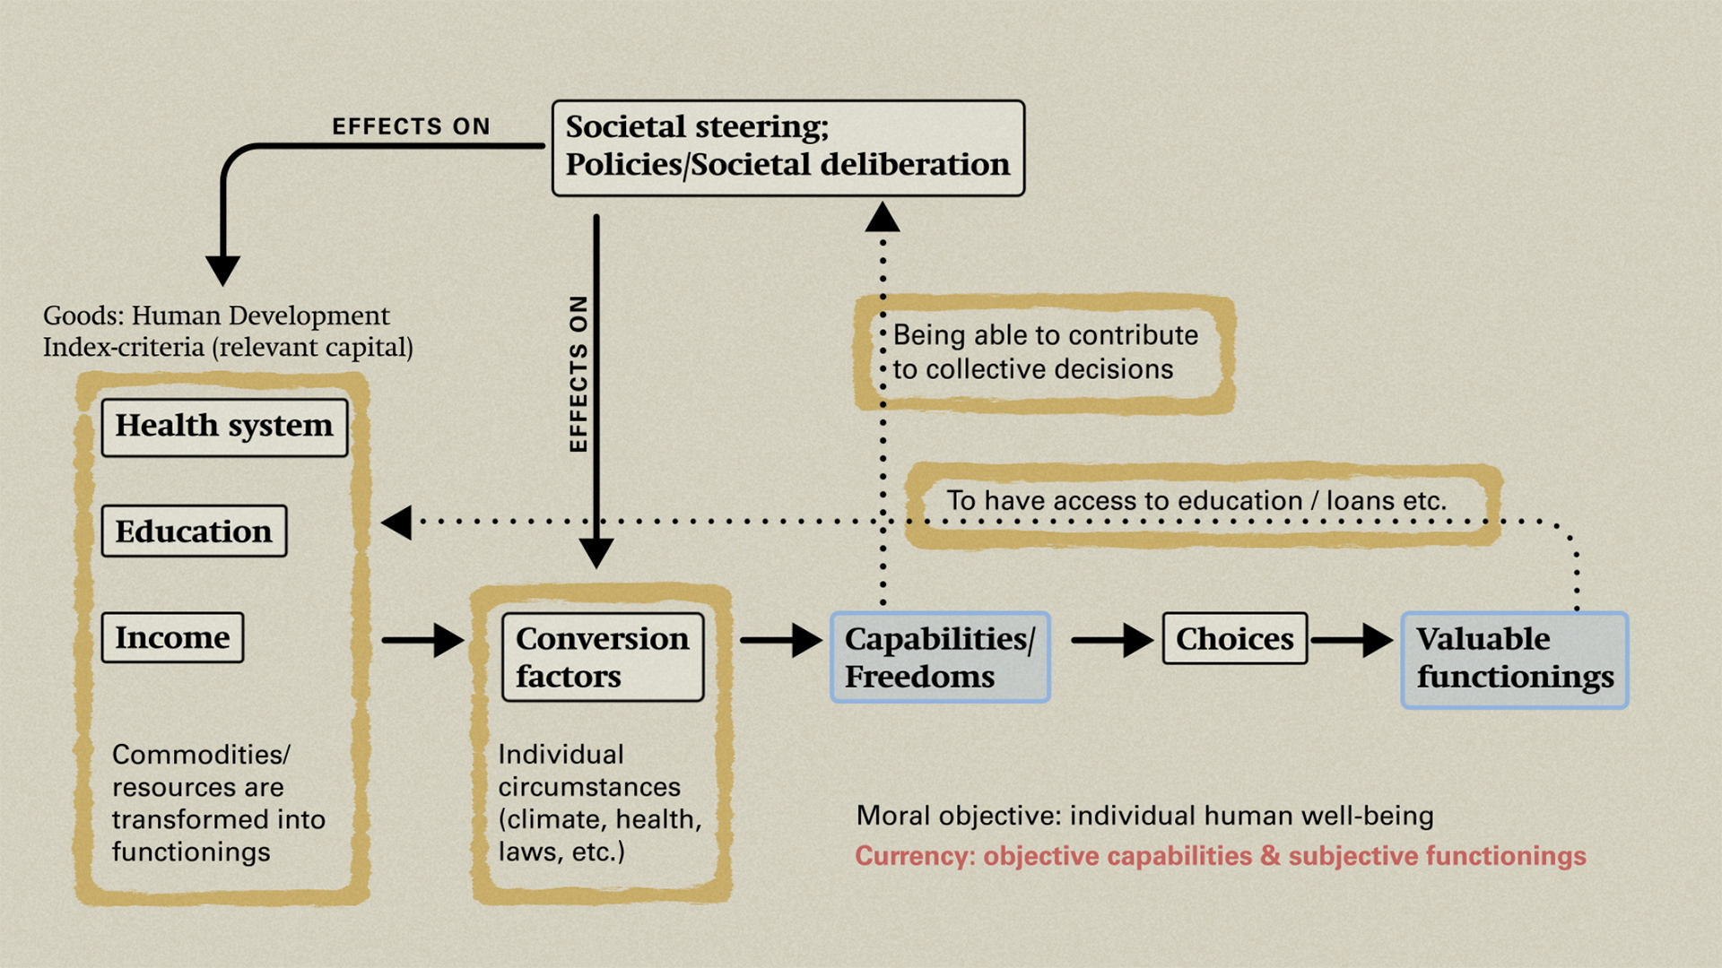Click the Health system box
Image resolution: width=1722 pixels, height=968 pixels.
click(x=224, y=428)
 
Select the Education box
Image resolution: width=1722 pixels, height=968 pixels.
click(x=194, y=532)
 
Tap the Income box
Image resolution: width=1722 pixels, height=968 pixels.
click(x=172, y=638)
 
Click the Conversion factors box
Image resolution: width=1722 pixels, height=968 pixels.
click(x=603, y=657)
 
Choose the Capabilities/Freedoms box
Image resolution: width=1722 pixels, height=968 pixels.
click(x=940, y=658)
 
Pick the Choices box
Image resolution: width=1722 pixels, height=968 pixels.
click(x=1234, y=639)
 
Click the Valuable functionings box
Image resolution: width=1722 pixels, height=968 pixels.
click(x=1514, y=660)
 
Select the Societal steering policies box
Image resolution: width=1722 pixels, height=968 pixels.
click(x=787, y=148)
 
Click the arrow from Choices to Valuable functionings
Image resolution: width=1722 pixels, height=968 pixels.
click(x=1352, y=640)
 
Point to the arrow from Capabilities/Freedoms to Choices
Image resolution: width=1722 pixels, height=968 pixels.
click(x=1112, y=640)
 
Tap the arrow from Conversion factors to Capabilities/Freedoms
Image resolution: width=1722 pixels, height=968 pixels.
click(x=780, y=640)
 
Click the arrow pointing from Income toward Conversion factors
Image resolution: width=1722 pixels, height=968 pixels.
click(x=422, y=640)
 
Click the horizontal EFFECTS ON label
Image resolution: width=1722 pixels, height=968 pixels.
click(x=411, y=126)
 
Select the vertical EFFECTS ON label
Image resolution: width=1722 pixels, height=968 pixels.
click(x=579, y=374)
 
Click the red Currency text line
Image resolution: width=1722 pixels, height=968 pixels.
click(x=1220, y=856)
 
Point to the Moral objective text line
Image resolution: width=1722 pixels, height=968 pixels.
click(x=1144, y=816)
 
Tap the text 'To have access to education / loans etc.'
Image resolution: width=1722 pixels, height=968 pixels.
click(x=1196, y=500)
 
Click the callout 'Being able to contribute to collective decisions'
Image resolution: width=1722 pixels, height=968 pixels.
click(x=1046, y=352)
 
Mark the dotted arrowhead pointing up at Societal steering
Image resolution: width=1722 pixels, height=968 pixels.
click(x=883, y=218)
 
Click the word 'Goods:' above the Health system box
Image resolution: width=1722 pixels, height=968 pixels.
click(x=83, y=315)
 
